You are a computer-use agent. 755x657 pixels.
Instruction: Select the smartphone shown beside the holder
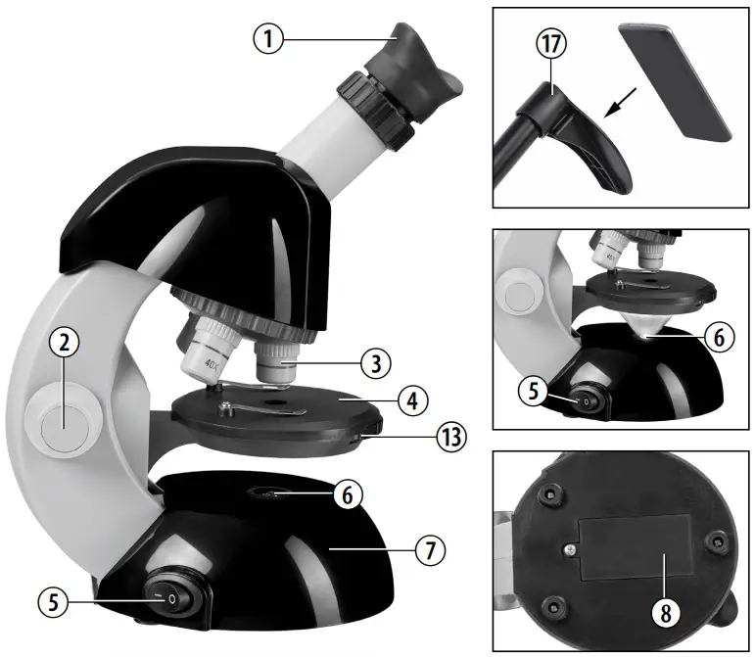[x=675, y=81]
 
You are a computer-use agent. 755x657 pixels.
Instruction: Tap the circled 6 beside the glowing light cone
[x=717, y=336]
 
